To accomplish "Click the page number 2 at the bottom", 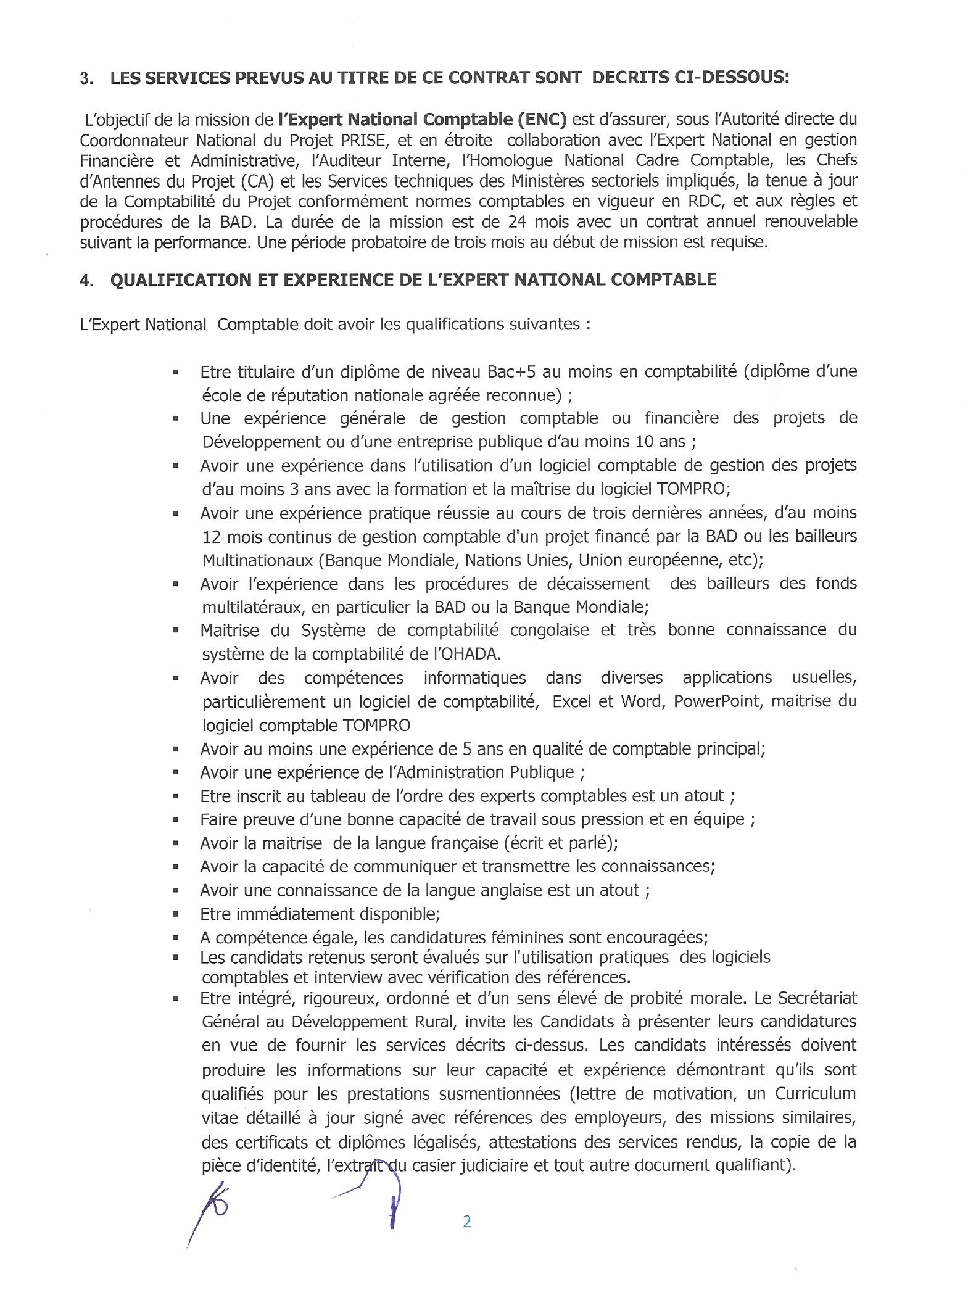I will pyautogui.click(x=466, y=1221).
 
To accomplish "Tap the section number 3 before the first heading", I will pyautogui.click(x=84, y=78).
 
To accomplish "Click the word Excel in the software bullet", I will pyautogui.click(x=573, y=701).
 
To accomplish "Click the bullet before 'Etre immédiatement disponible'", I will pyautogui.click(x=176, y=914).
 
